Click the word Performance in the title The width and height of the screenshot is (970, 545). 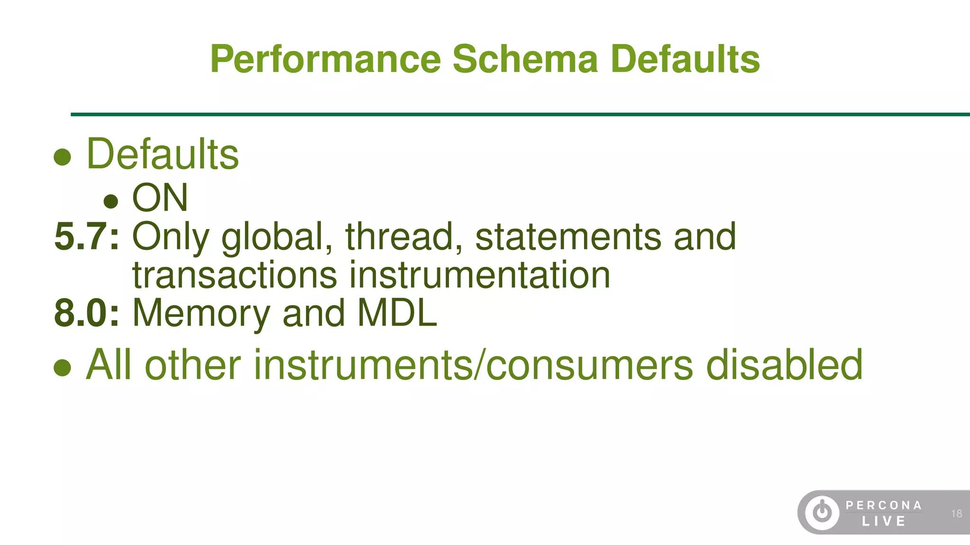(326, 59)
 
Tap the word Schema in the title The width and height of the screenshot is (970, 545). (525, 59)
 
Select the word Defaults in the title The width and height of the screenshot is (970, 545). (685, 59)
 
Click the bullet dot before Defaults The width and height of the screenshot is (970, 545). (62, 157)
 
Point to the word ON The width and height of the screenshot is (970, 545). (160, 198)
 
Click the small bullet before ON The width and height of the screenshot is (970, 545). (111, 201)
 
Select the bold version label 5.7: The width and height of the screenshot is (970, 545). (87, 236)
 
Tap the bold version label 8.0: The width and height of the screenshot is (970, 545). (87, 313)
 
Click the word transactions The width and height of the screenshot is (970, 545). (234, 275)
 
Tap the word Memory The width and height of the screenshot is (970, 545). (201, 314)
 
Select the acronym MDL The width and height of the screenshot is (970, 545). (397, 313)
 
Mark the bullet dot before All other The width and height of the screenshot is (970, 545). (62, 368)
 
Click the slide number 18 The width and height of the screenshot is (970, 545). (956, 513)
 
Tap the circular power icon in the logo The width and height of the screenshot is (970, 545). (822, 512)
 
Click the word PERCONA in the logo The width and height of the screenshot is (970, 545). (883, 505)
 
